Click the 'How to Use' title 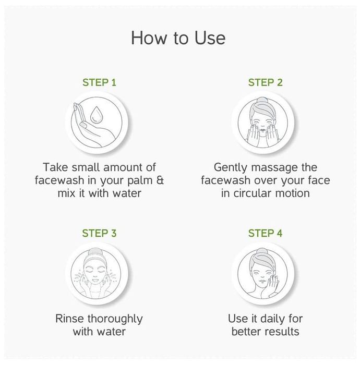(x=178, y=38)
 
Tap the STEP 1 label (x=99, y=82)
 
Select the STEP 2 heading (x=265, y=82)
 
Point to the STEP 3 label (x=99, y=233)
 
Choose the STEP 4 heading (x=265, y=233)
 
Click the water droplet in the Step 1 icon (x=95, y=115)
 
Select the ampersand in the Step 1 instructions (x=160, y=180)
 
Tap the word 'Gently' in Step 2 (x=230, y=168)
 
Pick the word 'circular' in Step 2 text (x=253, y=193)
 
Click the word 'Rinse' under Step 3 (x=69, y=319)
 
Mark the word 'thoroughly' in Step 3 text (x=115, y=319)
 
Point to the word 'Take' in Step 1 (x=56, y=167)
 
